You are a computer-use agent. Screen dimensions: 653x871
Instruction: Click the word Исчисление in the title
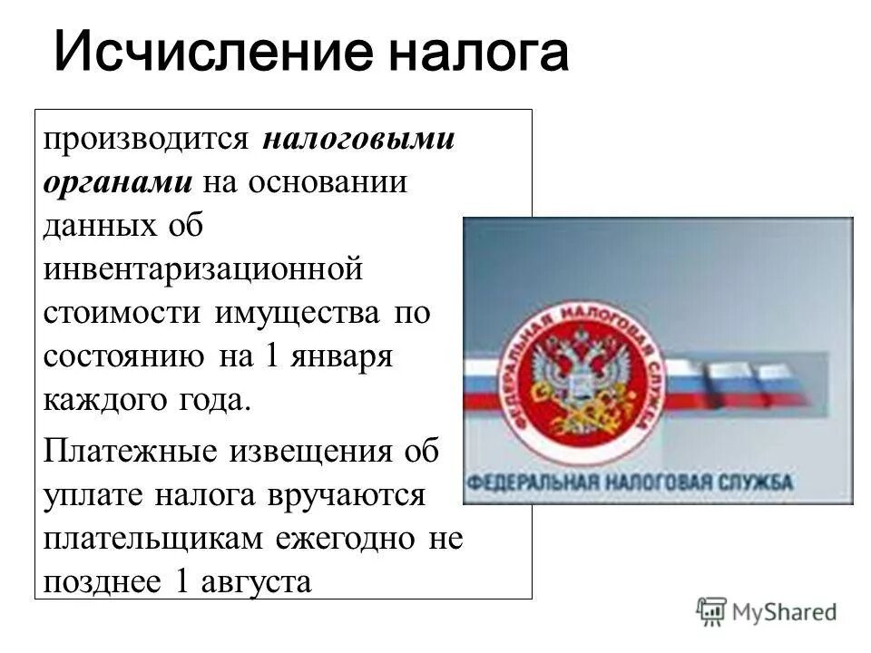[214, 54]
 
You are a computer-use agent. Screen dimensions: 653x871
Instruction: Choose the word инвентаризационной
[203, 270]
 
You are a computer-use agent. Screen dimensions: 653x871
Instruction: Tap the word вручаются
[345, 495]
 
